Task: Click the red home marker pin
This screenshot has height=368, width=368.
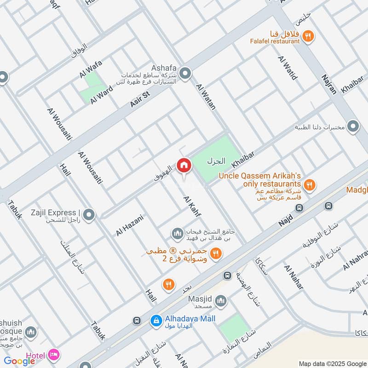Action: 184,166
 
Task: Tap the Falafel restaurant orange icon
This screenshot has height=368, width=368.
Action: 309,35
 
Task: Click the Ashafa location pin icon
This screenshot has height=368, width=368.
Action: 185,74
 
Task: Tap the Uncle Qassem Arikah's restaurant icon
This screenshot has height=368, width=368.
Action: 310,185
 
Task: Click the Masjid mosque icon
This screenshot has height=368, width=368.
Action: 221,301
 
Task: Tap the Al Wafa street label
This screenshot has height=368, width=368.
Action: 90,69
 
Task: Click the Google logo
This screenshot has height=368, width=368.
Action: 20,361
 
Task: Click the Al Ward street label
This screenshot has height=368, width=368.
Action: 101,94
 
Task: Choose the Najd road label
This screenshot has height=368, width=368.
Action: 286,223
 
